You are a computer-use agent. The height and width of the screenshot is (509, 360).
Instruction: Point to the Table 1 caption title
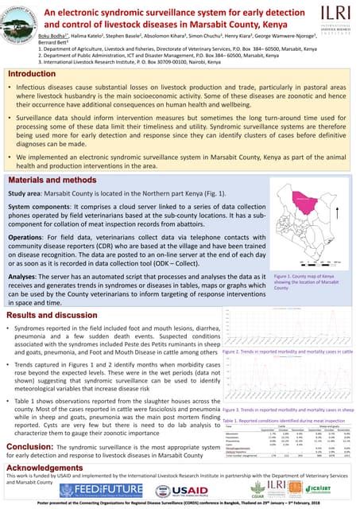[287, 419]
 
